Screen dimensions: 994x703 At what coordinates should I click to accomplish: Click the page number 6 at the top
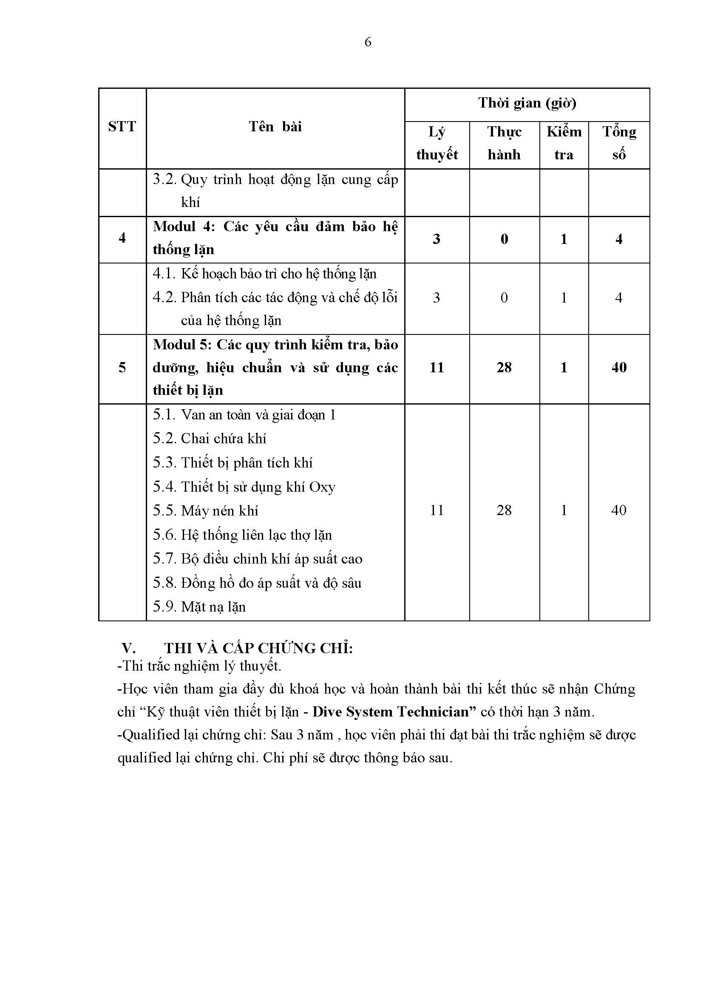[368, 42]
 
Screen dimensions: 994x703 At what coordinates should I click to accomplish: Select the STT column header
[122, 126]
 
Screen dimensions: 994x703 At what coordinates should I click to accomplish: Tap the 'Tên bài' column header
[275, 126]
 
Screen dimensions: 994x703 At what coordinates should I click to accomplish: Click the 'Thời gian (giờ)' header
[527, 103]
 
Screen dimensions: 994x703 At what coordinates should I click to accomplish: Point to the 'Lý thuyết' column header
[437, 143]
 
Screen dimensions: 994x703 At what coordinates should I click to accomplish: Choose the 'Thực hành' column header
[505, 143]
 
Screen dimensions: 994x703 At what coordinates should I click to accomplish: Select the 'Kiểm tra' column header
[564, 143]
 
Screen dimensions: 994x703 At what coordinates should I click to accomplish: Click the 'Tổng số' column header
[619, 143]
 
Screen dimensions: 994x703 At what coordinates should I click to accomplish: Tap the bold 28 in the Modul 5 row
[505, 367]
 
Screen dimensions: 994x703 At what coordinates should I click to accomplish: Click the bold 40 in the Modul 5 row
[619, 367]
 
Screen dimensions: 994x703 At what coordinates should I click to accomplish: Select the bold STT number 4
[122, 238]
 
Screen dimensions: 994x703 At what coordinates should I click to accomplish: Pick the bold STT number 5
[122, 367]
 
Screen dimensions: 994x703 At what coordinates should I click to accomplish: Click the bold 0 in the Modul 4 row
[505, 239]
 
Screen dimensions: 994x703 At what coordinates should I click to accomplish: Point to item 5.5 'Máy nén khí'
[206, 511]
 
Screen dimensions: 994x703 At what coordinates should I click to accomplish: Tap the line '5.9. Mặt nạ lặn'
[199, 606]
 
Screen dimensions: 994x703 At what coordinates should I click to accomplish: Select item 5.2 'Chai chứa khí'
[210, 439]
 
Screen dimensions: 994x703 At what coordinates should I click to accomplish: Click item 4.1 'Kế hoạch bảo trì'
[264, 274]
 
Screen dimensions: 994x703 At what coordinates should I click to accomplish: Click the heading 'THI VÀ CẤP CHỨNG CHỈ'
[258, 648]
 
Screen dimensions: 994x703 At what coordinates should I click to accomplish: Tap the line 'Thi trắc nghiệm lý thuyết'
[199, 666]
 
